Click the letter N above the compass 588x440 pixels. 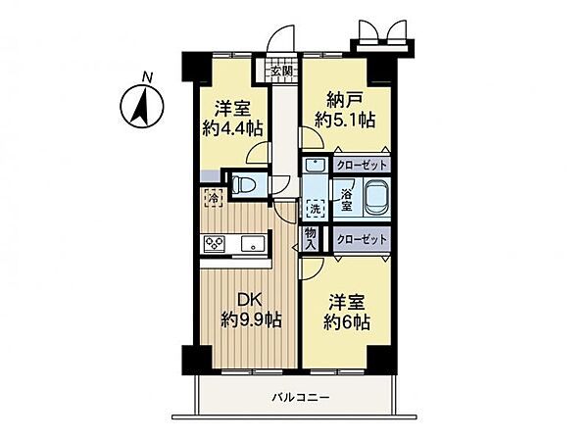pyautogui.click(x=146, y=75)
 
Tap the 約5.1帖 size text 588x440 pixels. pyautogui.click(x=342, y=121)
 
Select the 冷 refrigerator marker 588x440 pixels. pyautogui.click(x=213, y=199)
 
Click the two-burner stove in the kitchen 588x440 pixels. pyautogui.click(x=215, y=245)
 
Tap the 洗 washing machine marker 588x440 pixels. pyautogui.click(x=316, y=208)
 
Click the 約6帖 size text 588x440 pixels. pyautogui.click(x=348, y=321)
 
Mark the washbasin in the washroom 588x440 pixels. pyautogui.click(x=316, y=166)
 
